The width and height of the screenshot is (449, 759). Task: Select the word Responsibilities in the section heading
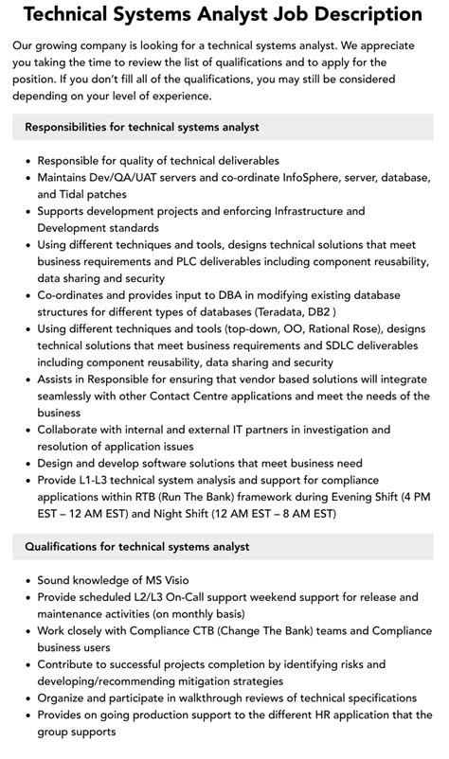pos(73,127)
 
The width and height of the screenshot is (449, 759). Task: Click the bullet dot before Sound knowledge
pos(27,580)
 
